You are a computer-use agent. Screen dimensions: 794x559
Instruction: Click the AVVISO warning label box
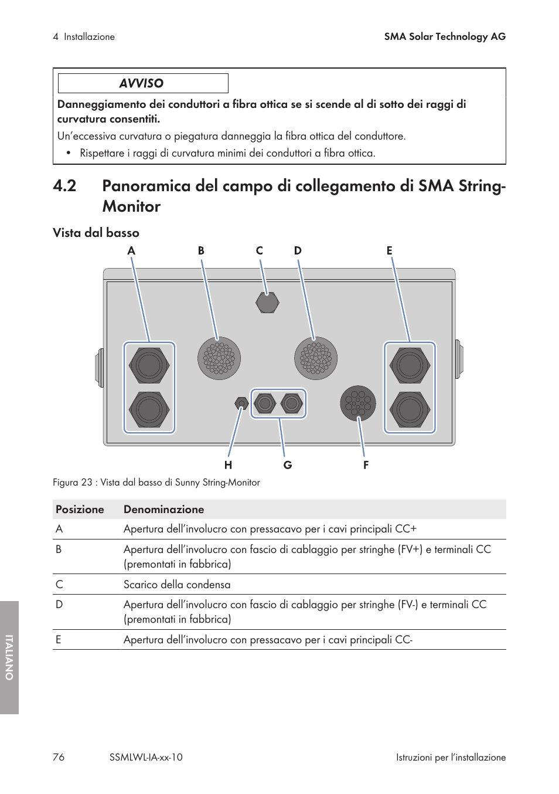point(143,83)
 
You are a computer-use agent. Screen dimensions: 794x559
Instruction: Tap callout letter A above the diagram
point(131,250)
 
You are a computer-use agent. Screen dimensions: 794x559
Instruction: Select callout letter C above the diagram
point(260,250)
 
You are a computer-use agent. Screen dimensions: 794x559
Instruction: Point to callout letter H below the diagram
point(228,465)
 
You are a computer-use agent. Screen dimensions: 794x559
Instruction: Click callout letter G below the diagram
point(288,465)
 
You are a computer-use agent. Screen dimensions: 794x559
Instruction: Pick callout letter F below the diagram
point(366,465)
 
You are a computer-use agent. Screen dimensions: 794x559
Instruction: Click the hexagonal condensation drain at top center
point(267,303)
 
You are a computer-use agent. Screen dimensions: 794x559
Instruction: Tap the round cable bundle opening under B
point(219,358)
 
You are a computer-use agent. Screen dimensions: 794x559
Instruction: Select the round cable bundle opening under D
point(316,358)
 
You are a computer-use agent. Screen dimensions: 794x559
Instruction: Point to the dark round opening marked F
point(358,403)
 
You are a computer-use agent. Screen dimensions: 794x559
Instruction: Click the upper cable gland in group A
point(149,365)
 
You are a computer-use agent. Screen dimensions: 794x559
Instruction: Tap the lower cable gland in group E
point(410,409)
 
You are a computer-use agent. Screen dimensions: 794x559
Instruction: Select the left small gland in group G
point(265,403)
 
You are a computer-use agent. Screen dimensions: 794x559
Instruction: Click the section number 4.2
point(64,186)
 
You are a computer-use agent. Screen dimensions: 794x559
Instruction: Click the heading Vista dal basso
point(96,233)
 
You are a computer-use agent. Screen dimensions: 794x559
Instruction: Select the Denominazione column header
point(164,510)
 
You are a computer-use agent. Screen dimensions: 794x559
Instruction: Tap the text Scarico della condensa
point(177,585)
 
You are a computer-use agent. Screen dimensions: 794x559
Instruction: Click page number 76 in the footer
point(59,757)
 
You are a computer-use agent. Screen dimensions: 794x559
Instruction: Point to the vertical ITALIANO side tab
point(9,657)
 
